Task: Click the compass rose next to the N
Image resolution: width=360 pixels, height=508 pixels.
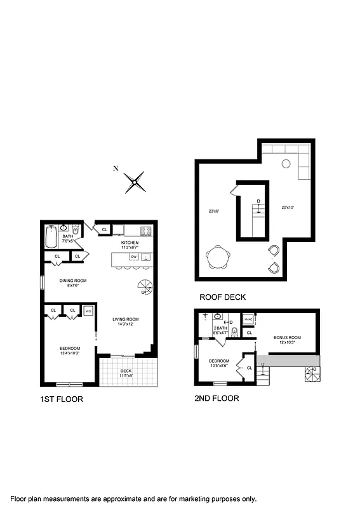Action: point(135,182)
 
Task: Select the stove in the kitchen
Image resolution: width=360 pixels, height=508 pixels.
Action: point(145,231)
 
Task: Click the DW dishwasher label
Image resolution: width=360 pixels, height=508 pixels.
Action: point(134,257)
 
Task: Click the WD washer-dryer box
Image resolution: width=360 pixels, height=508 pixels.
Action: point(88,311)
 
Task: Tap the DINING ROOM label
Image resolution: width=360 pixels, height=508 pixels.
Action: point(73,280)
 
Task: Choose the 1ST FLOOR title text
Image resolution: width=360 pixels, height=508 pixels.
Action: point(60,400)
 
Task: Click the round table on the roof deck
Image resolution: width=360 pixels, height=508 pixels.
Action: point(219,258)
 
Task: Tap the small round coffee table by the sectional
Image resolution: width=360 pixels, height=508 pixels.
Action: point(286,163)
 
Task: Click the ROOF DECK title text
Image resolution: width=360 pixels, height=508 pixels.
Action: point(222,297)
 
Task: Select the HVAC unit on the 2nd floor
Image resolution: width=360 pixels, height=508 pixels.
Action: point(249,320)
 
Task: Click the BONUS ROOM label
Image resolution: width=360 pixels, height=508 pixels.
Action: point(287,337)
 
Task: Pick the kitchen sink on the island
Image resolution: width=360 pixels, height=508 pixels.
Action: point(145,257)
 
